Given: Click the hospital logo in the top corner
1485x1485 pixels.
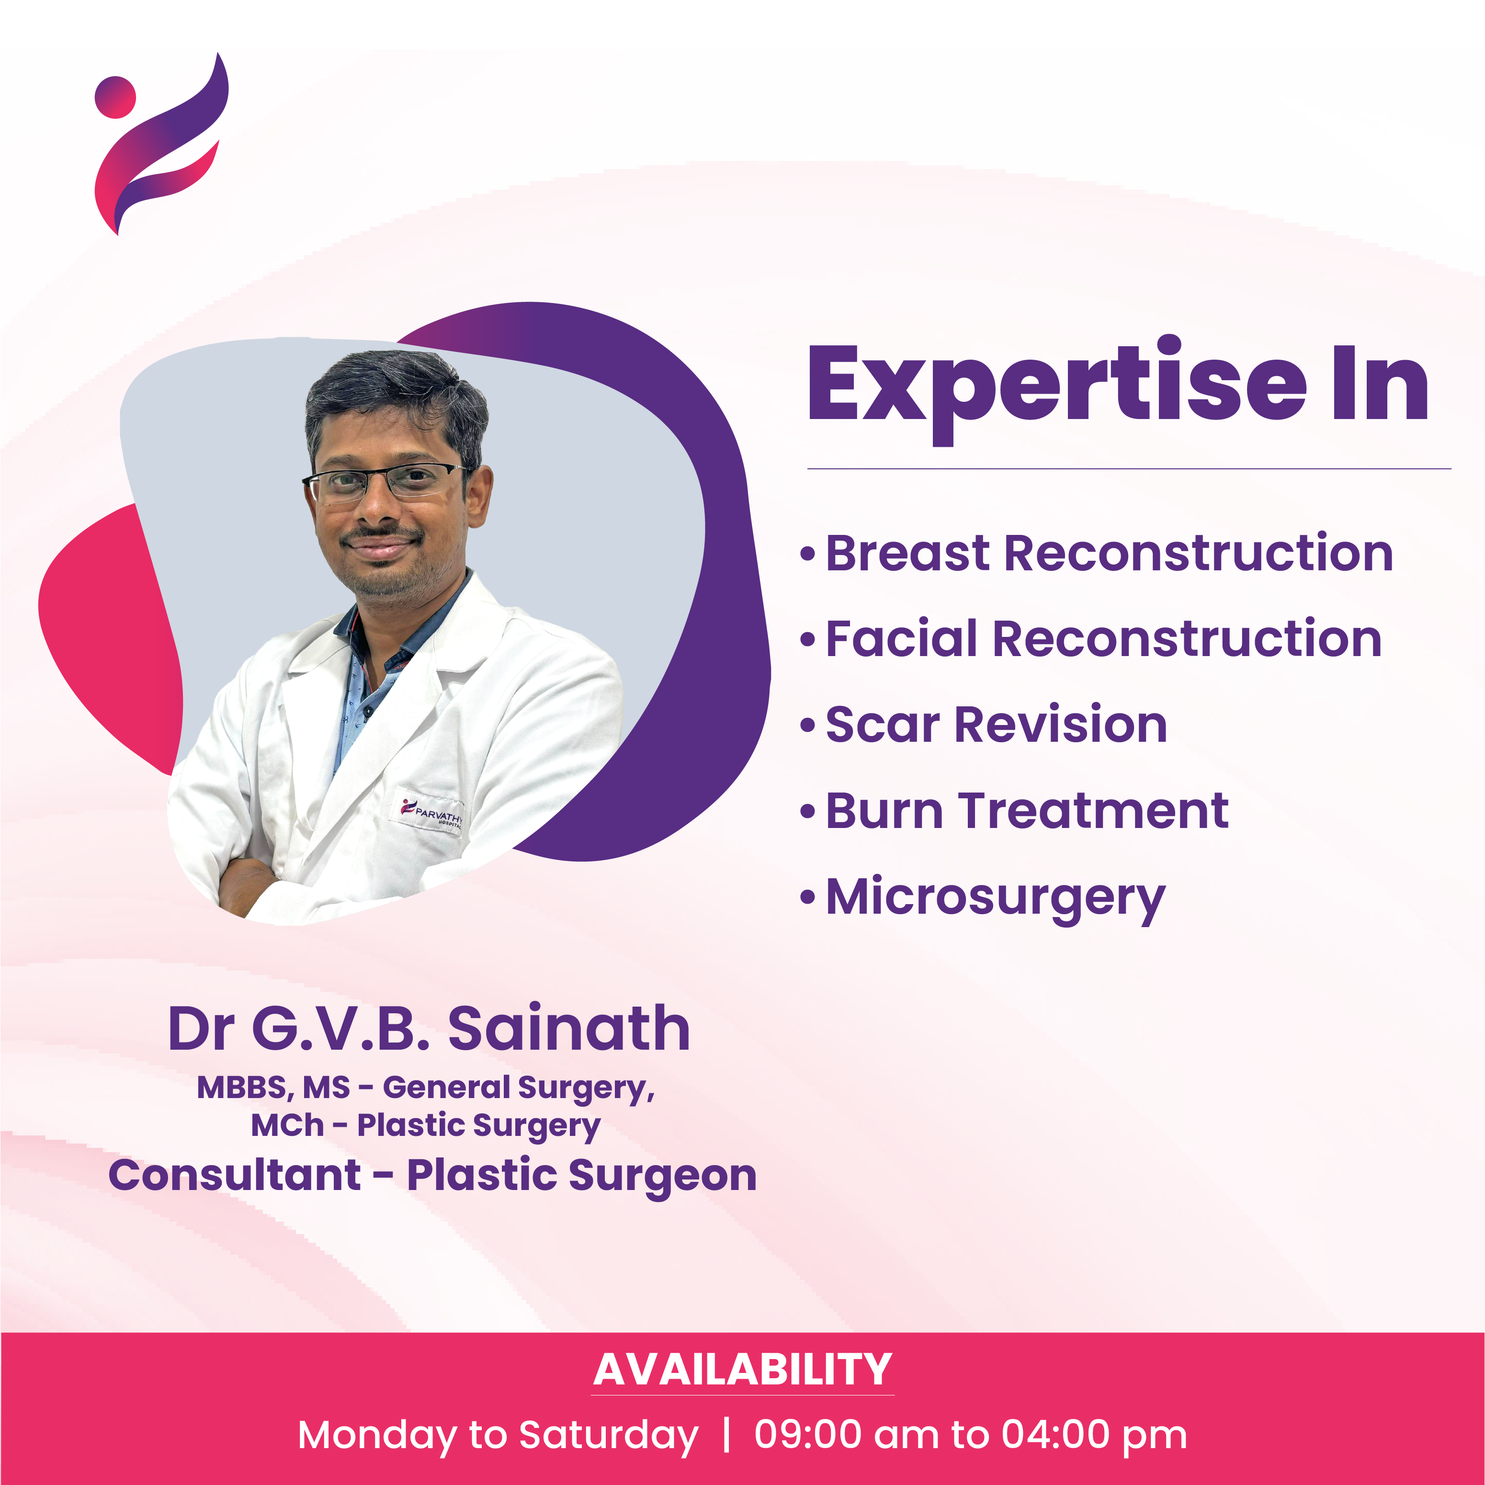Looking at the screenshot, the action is (160, 143).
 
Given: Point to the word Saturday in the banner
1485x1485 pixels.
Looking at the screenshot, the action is (609, 1436).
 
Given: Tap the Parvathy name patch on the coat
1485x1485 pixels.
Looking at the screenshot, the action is (431, 813).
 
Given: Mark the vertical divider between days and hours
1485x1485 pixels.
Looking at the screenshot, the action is (726, 1435).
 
